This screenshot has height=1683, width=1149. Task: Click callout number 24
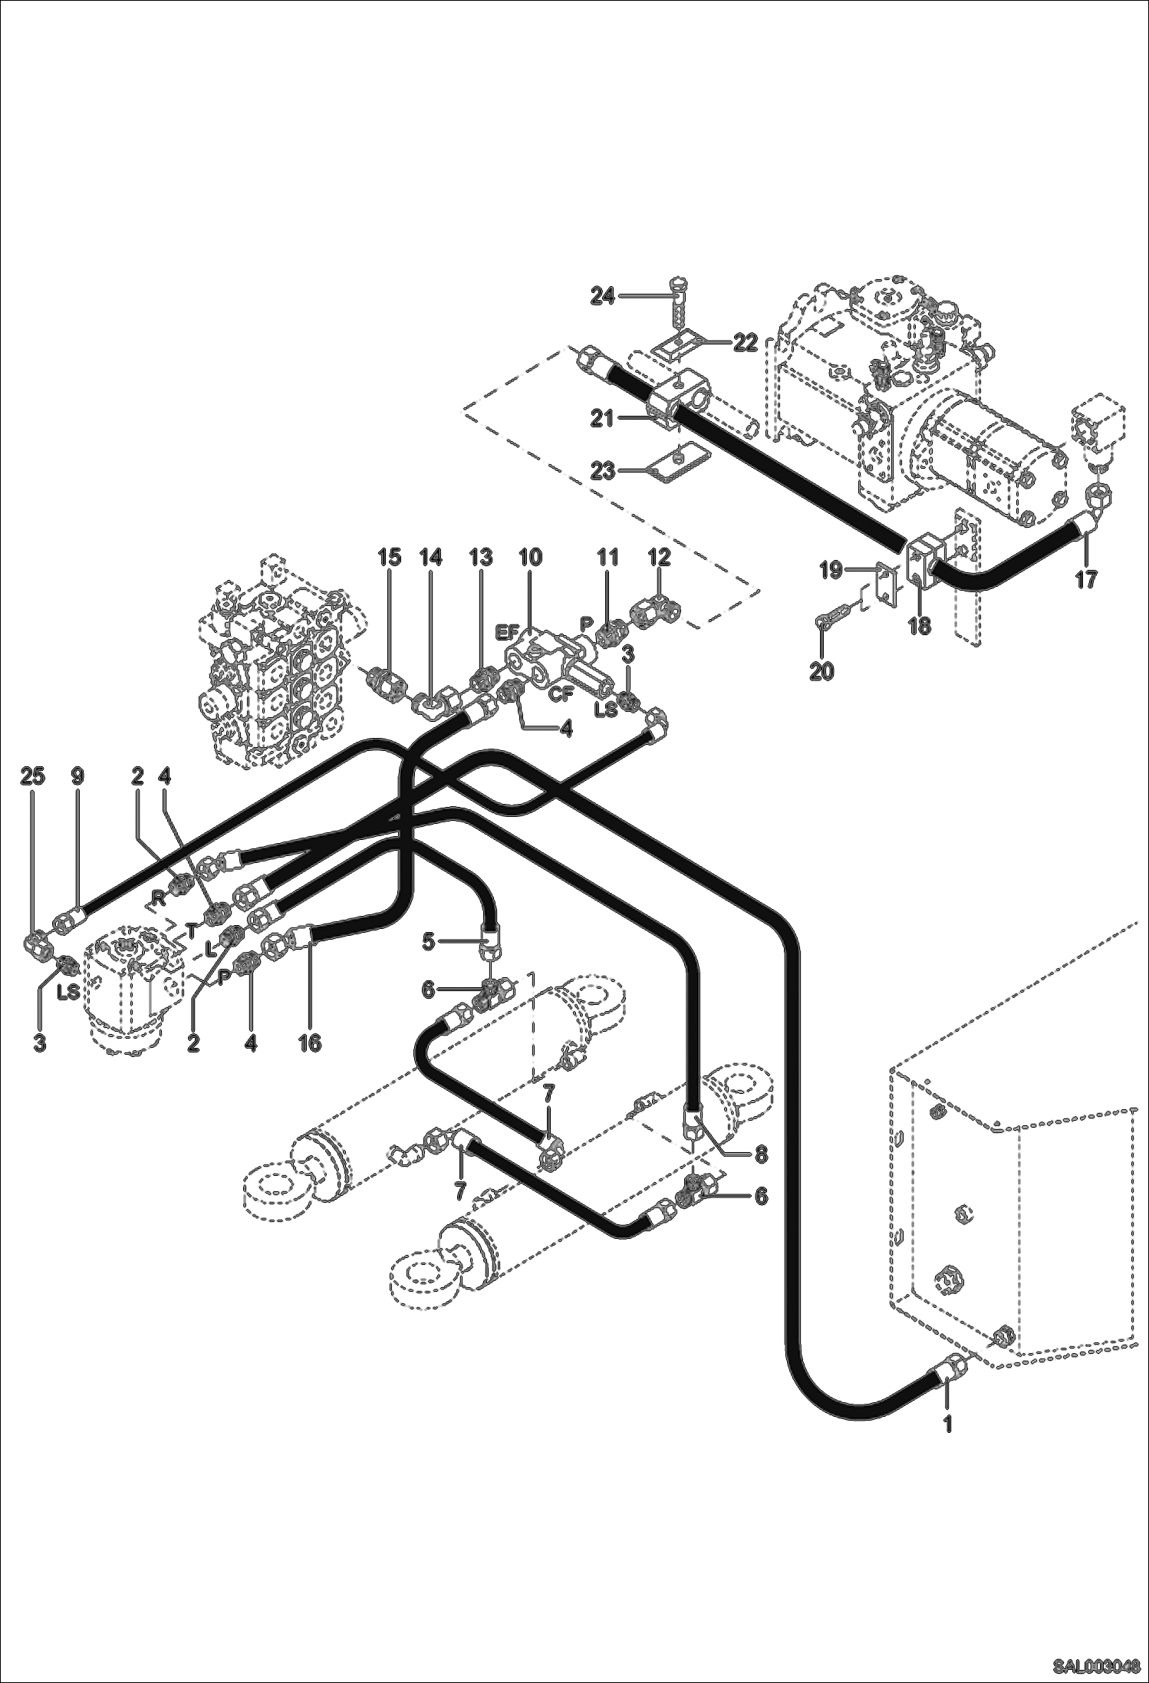click(603, 295)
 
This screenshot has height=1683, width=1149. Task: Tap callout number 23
click(603, 470)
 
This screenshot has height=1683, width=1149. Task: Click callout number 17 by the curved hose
click(1085, 580)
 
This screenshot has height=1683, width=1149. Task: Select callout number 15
click(389, 557)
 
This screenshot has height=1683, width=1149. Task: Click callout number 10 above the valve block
click(530, 557)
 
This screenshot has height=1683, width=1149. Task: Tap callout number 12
click(659, 557)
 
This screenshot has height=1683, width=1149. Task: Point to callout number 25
click(32, 776)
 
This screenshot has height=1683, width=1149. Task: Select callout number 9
click(77, 776)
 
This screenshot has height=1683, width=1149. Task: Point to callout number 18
click(919, 626)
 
